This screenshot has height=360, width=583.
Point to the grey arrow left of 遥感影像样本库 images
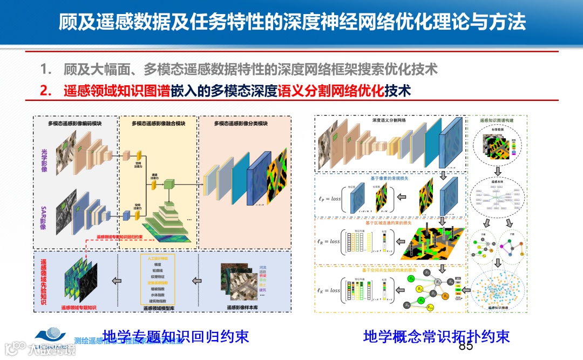pos(197,281)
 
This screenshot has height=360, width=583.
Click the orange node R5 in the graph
pos(446,296)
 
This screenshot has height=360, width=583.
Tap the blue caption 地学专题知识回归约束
pos(175,336)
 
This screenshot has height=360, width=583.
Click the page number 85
pos(465,346)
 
